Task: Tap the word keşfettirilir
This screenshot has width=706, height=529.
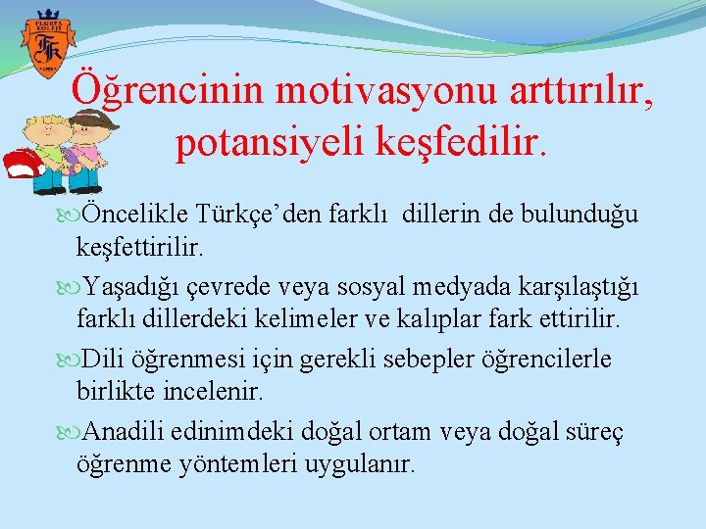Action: tap(140, 250)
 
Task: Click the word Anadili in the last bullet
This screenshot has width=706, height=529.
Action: tap(126, 431)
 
